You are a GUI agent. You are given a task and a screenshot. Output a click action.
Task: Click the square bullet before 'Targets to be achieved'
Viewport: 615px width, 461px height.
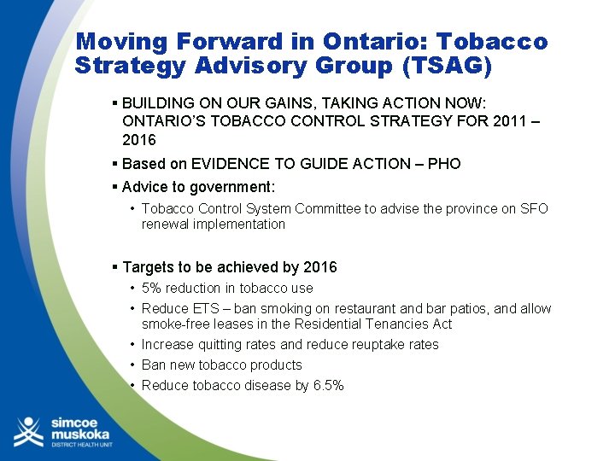pyautogui.click(x=114, y=267)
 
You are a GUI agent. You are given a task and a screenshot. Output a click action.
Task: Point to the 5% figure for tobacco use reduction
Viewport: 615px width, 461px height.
pyautogui.click(x=152, y=288)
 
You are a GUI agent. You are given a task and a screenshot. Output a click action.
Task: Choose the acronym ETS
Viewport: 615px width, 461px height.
pyautogui.click(x=198, y=308)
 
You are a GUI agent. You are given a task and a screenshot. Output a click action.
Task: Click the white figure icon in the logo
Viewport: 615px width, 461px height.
pyautogui.click(x=29, y=432)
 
